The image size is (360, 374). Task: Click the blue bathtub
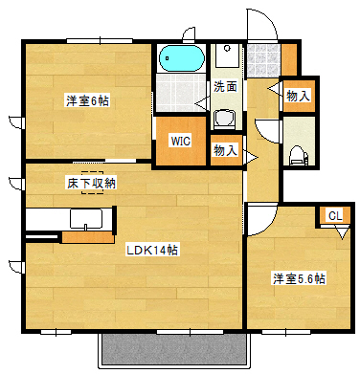(x=181, y=59)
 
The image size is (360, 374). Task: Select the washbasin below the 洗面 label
(x=226, y=118)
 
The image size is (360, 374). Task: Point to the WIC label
(x=181, y=141)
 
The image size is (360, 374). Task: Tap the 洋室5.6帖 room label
(x=298, y=278)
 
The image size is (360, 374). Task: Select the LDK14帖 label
(x=153, y=250)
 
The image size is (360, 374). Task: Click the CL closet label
(x=334, y=215)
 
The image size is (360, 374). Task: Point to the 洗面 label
(x=225, y=86)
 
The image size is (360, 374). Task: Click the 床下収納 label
(x=91, y=182)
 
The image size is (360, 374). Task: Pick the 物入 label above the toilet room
(x=297, y=95)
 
